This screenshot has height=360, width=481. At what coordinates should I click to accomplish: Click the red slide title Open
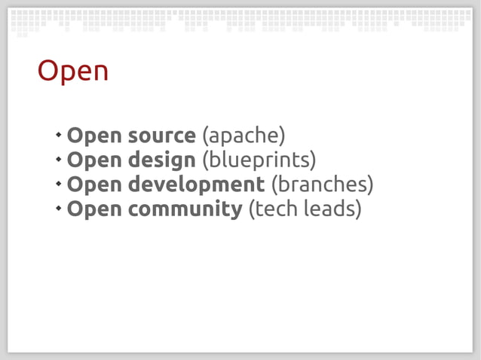pos(73,72)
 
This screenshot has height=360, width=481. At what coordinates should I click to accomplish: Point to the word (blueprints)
pos(259,160)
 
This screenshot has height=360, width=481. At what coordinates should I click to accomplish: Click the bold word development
pos(197,185)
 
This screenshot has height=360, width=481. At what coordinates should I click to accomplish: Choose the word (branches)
pos(322,185)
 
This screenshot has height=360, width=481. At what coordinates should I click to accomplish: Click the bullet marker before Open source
pos(58,136)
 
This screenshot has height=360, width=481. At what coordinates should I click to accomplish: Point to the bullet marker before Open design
pos(58,160)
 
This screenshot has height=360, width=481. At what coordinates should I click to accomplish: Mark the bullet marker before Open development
pos(58,184)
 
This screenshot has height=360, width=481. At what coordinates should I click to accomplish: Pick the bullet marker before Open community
pos(58,208)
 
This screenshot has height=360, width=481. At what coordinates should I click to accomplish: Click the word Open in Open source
pos(93,136)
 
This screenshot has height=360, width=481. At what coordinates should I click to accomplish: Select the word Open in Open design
pos(93,160)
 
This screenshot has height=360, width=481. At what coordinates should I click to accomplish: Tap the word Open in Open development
pos(93,185)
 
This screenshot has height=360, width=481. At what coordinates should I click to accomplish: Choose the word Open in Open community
pos(93,209)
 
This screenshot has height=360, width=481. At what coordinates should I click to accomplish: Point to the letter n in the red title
pos(100,73)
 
